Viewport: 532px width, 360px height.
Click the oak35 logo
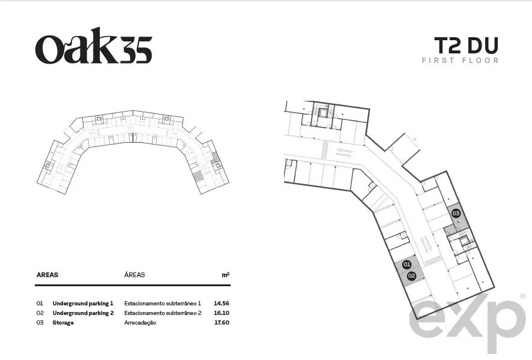click(x=94, y=46)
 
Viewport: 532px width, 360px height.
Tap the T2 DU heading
click(x=466, y=46)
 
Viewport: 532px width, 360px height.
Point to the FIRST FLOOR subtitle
click(x=460, y=61)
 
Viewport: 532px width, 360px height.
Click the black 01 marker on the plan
click(x=407, y=265)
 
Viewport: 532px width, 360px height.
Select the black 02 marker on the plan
click(x=411, y=276)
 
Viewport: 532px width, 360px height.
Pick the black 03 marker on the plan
click(x=456, y=213)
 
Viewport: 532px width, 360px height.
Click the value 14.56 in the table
click(x=221, y=304)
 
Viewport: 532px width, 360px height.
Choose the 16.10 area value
click(x=221, y=313)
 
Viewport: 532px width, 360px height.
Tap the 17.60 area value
click(x=222, y=322)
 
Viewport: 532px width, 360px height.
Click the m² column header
click(x=226, y=275)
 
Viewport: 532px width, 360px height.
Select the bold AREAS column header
click(x=47, y=275)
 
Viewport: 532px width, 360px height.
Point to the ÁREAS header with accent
click(x=135, y=275)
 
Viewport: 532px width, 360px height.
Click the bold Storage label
click(x=63, y=323)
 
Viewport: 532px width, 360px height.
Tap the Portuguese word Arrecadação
click(x=140, y=323)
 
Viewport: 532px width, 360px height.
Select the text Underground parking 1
click(x=83, y=304)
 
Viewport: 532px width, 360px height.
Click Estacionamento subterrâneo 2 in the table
click(x=163, y=313)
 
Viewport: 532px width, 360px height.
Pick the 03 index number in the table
click(x=40, y=322)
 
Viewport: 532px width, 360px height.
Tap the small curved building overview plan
click(x=133, y=152)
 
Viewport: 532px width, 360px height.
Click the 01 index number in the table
click(x=40, y=304)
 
